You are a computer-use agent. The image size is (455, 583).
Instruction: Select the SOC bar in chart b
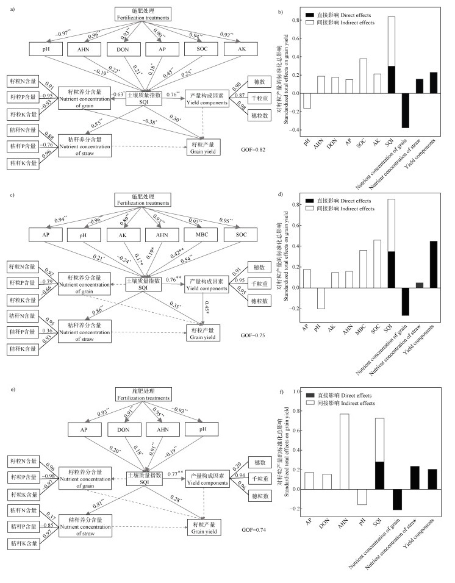345,76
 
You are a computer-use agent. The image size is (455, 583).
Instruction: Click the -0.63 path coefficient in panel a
117,95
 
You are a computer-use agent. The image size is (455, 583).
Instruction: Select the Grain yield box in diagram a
204,147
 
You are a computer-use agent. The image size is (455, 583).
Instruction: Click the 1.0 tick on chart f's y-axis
298,391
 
